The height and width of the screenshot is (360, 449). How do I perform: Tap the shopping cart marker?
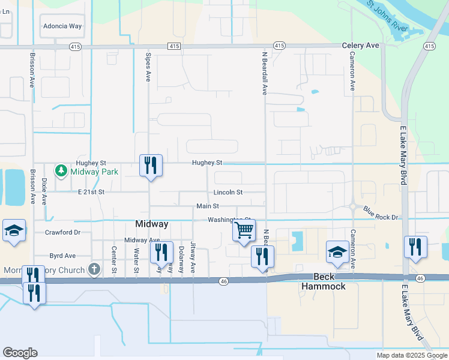244,230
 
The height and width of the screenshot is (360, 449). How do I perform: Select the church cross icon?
94,269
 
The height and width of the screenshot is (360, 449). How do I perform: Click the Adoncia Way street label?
62,26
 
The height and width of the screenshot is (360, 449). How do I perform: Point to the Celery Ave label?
361,45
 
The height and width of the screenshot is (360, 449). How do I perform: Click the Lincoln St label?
228,193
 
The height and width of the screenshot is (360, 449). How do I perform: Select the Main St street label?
206,206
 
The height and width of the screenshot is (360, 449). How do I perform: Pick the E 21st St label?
91,192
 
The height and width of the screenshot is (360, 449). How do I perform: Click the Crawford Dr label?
62,232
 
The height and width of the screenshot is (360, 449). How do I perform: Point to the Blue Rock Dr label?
381,213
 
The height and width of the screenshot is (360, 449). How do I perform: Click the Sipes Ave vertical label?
148,66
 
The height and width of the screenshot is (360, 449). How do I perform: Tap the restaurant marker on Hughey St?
150,165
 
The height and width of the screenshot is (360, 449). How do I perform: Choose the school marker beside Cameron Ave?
337,252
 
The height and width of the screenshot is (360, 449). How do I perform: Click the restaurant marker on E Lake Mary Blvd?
415,247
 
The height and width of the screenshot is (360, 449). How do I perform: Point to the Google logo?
20,353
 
